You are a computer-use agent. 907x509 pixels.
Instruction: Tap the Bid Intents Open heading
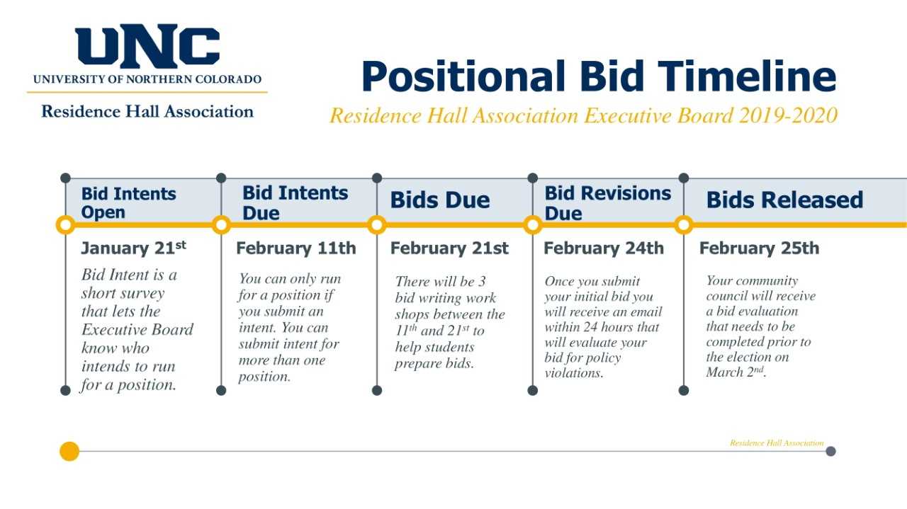pos(128,202)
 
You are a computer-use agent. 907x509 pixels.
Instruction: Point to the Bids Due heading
pos(440,200)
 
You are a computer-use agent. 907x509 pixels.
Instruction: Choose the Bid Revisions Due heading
pos(607,202)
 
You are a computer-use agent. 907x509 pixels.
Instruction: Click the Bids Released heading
pos(784,200)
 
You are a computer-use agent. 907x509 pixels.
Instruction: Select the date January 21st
pos(134,248)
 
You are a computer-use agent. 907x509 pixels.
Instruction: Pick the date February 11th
pos(296,248)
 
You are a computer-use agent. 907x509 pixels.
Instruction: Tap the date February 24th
pos(604,248)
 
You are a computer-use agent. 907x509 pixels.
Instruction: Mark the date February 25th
pos(759,248)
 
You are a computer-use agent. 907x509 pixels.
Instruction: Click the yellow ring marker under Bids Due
pos(377,225)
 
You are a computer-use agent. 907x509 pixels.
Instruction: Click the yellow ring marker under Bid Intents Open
pos(66,225)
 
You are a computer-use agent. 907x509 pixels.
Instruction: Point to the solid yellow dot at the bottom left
pos(69,451)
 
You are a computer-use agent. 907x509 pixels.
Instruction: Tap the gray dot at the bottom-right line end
pos(830,451)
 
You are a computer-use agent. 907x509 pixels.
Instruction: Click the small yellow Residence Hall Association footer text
pos(777,443)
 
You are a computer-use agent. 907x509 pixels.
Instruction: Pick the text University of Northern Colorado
pos(147,79)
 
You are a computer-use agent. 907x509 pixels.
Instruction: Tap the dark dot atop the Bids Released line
pos(684,178)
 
